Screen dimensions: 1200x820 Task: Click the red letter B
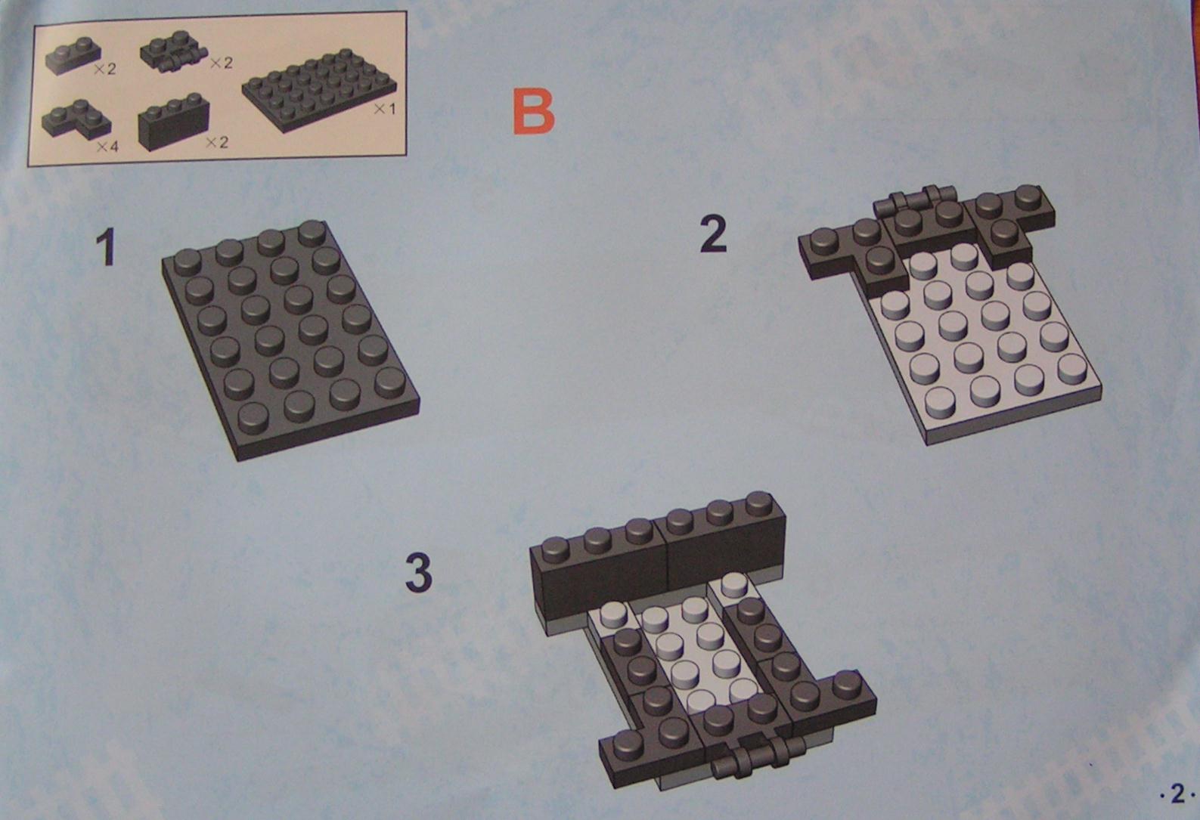[x=533, y=111]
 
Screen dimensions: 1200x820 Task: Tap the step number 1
[x=106, y=247]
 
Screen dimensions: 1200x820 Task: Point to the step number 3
[x=418, y=573]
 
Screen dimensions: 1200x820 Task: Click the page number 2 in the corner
[x=1177, y=794]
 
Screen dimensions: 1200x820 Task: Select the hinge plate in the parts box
[x=174, y=51]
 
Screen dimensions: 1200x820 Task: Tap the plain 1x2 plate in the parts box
[x=73, y=56]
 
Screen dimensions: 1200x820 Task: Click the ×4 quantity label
[x=107, y=146]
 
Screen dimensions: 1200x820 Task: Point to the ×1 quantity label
[x=384, y=110]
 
